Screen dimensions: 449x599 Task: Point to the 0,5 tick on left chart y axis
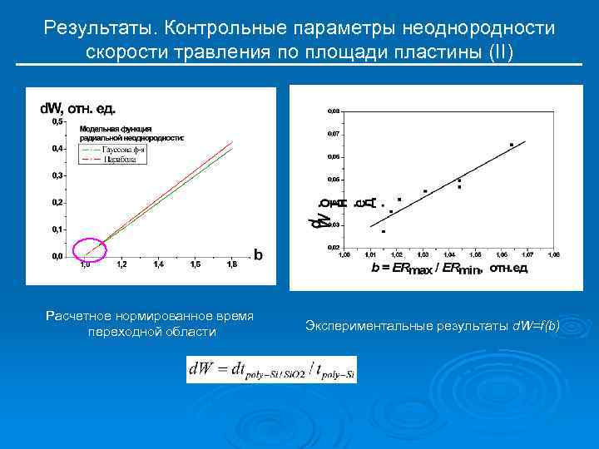click(57, 121)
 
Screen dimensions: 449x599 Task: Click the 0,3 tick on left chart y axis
click(57, 175)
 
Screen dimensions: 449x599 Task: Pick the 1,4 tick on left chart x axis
click(158, 264)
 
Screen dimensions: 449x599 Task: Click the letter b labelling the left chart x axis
click(258, 255)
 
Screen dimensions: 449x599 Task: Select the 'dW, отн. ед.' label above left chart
click(78, 108)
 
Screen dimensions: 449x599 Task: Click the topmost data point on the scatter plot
click(511, 145)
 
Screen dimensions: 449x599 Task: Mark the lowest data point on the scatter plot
click(383, 231)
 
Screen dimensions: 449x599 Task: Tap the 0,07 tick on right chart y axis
click(333, 133)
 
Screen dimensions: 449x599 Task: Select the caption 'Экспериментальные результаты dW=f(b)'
click(432, 323)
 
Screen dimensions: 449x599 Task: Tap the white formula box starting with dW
click(273, 368)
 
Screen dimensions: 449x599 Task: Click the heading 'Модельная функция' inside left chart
click(115, 129)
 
